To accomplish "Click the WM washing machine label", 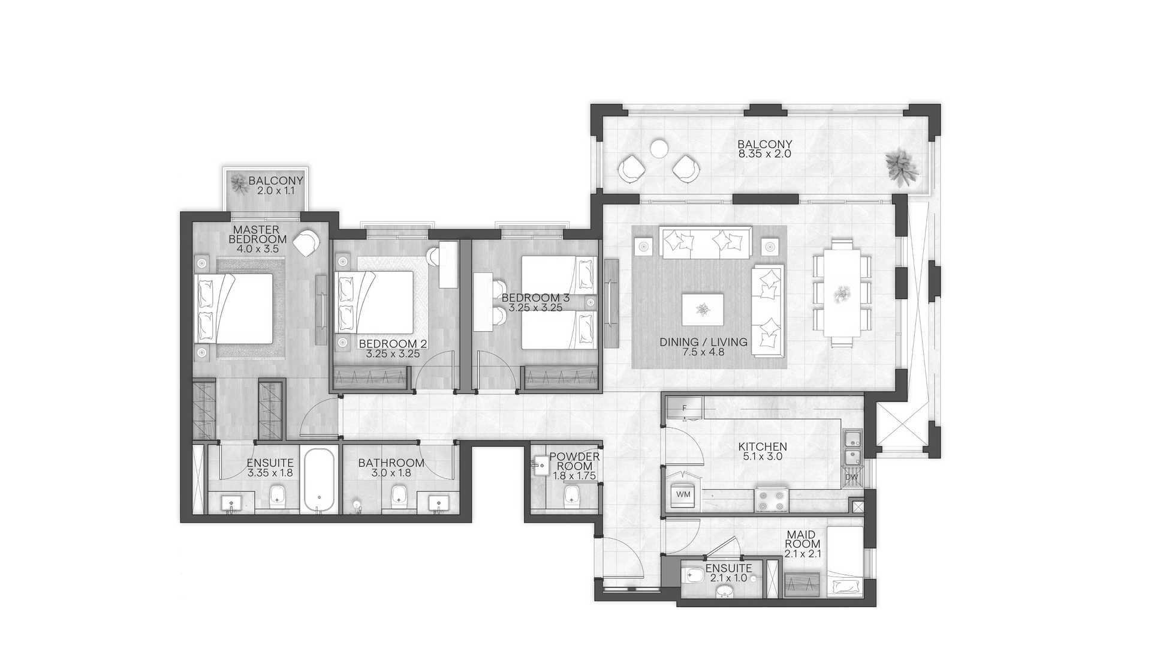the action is pos(683,494).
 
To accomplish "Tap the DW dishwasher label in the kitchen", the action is pos(851,478).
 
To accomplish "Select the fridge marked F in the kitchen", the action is pos(684,408).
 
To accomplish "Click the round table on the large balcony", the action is pos(659,148).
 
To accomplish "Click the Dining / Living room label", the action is pos(704,342).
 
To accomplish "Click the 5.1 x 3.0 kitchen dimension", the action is pos(763,456).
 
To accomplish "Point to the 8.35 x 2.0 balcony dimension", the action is pos(765,154).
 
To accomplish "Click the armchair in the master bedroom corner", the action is pos(308,243).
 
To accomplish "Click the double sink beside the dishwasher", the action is pos(852,448).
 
